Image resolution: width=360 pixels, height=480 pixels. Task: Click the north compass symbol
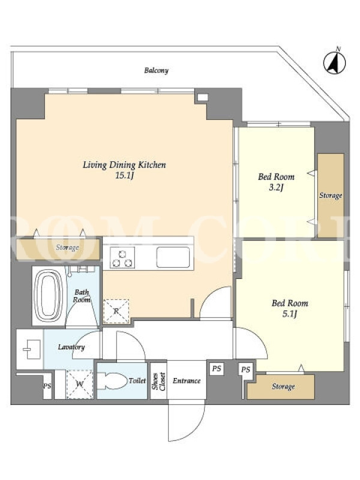[x=335, y=62]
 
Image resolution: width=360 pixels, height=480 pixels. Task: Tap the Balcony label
[x=157, y=70]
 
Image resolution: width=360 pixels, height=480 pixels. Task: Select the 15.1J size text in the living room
[x=125, y=176]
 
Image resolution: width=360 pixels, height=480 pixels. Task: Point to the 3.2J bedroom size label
[x=276, y=187]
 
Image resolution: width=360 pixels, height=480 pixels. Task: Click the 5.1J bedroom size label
[x=290, y=314]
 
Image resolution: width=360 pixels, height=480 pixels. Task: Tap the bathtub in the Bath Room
[x=49, y=295]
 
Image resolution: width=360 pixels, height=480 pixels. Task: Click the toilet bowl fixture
[x=112, y=381]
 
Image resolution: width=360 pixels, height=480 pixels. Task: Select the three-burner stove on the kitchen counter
[x=122, y=258]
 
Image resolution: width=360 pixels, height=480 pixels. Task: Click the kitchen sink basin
[x=173, y=257]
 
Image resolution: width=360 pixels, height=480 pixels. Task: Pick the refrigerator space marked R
[x=116, y=311]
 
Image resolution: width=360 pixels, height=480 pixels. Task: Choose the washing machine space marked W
[x=80, y=384]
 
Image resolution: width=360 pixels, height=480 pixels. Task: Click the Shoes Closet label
[x=158, y=381]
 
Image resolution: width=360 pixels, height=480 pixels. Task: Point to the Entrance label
[x=187, y=381]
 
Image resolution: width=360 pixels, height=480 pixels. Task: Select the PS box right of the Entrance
[x=217, y=368]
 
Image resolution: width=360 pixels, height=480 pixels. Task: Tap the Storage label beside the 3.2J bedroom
[x=331, y=196]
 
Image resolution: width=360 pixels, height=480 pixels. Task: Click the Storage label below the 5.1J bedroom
[x=283, y=386]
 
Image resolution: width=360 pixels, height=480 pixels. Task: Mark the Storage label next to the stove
[x=67, y=247]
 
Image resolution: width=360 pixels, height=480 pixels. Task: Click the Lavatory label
[x=71, y=347]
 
